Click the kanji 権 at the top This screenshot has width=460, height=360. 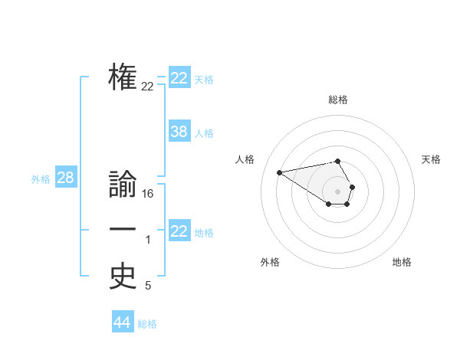(123, 77)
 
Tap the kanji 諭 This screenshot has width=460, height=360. (123, 186)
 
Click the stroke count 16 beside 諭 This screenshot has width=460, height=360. (148, 195)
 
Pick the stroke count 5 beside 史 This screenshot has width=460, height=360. (148, 286)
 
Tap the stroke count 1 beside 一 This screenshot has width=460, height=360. (148, 241)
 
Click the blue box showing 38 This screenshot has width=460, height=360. (179, 132)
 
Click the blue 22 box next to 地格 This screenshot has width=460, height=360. (179, 231)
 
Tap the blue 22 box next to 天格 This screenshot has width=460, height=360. (179, 78)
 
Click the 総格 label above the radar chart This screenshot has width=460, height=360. (338, 100)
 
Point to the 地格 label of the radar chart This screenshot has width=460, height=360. (402, 262)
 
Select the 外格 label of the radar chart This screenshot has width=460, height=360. (270, 262)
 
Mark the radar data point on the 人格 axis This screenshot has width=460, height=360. (279, 172)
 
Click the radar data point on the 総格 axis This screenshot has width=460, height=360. (338, 161)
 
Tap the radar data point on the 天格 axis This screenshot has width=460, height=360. (352, 187)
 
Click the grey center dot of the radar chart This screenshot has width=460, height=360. (338, 191)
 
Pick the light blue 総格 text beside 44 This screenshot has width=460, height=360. (147, 324)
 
